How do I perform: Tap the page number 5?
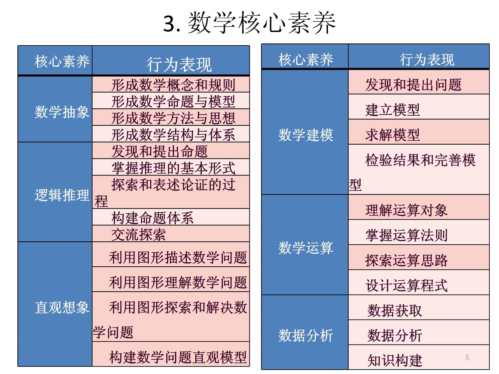tap(467, 357)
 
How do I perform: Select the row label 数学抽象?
tap(62, 112)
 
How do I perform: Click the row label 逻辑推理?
tap(62, 195)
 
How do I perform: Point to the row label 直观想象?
tap(62, 307)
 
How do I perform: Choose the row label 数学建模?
tap(306, 135)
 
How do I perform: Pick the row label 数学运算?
tap(306, 248)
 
